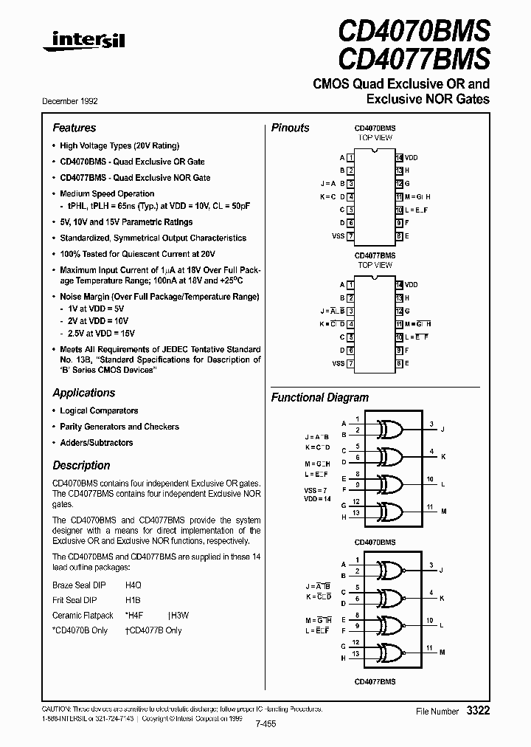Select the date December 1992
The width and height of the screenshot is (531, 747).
tap(74, 101)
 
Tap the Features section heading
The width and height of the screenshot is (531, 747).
tap(74, 128)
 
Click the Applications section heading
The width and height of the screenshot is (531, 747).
tap(83, 393)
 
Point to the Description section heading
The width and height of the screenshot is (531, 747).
tap(81, 466)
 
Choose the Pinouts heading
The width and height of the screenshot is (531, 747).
tap(291, 128)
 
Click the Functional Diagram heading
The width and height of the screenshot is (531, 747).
tap(318, 397)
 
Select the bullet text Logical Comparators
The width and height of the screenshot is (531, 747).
tap(99, 410)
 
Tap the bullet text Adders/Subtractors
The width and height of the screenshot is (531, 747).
tap(97, 443)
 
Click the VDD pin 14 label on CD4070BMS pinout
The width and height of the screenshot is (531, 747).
tap(411, 158)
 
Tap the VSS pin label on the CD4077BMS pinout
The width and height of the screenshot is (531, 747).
tap(338, 364)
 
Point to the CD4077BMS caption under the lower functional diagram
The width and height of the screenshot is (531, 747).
tap(375, 681)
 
